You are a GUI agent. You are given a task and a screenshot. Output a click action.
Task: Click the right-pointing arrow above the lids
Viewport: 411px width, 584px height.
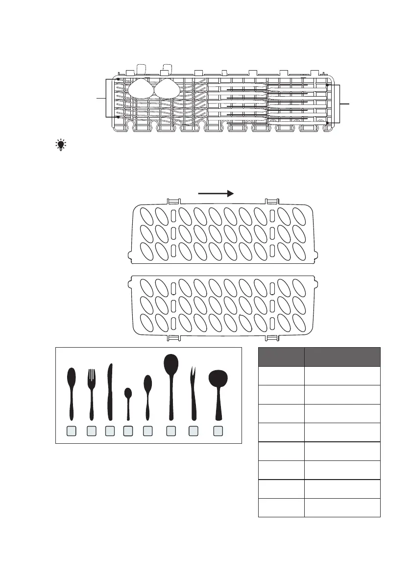[x=216, y=194]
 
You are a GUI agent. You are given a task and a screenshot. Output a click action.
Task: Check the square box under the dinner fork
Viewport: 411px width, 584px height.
[x=91, y=431]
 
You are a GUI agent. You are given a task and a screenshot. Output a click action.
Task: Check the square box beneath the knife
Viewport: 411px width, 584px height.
[x=110, y=431]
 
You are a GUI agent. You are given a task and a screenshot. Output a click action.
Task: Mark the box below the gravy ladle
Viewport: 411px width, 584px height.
[x=218, y=431]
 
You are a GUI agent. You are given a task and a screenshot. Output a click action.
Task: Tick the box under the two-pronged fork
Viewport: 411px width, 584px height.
[x=193, y=431]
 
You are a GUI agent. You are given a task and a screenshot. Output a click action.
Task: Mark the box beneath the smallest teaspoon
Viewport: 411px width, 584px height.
[x=128, y=431]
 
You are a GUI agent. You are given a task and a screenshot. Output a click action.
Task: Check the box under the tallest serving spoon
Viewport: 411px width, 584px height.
[x=170, y=431]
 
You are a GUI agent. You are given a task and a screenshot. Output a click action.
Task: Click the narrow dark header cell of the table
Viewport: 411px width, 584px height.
[x=281, y=356]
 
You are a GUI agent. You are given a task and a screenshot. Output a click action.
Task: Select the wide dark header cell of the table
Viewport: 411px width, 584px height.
[x=342, y=356]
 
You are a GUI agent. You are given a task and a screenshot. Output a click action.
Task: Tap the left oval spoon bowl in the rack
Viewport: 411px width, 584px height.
[x=140, y=89]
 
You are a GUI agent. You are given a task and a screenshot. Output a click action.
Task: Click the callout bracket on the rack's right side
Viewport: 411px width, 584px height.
[x=335, y=103]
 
